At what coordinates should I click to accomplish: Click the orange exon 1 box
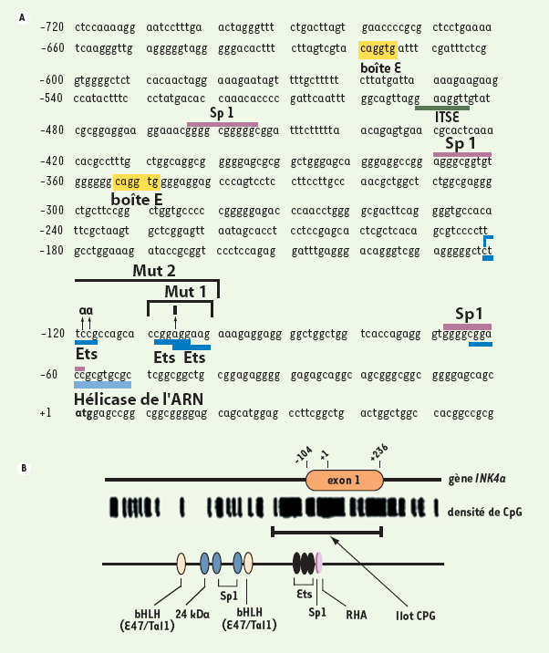pos(345,480)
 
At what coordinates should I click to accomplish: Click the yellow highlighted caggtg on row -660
pos(378,48)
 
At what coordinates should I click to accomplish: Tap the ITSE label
pos(447,117)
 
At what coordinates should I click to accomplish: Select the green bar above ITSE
pos(442,109)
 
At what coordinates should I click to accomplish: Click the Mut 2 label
pos(154,271)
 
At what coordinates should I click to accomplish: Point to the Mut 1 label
pos(185,292)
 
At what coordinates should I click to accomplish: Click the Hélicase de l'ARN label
pos(139,399)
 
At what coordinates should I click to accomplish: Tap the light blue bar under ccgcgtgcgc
pos(102,385)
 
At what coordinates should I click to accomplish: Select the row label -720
pos(52,27)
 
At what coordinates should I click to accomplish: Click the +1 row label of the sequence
pos(46,413)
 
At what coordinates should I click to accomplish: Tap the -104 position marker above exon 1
pos(304,455)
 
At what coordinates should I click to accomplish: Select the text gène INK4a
pos(477,479)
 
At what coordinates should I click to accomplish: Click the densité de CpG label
pos(485,512)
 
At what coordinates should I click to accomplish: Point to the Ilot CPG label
pos(416,616)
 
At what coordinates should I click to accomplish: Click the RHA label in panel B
pos(357,615)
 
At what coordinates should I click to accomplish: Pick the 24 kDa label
pos(192,614)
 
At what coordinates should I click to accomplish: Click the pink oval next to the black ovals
pos(319,563)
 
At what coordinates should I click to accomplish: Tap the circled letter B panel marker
pos(24,468)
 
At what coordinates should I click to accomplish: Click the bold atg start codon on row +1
pos(84,413)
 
